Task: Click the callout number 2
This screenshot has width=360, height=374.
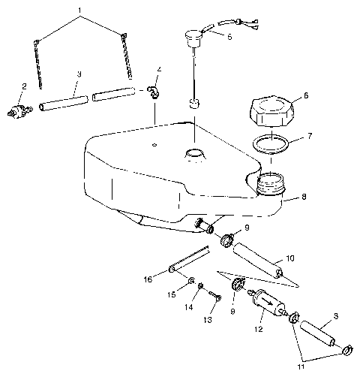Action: [25, 86]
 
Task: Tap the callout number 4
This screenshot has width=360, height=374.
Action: [159, 70]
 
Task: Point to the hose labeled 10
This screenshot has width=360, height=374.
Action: [257, 259]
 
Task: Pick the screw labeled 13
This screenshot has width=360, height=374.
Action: [214, 300]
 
